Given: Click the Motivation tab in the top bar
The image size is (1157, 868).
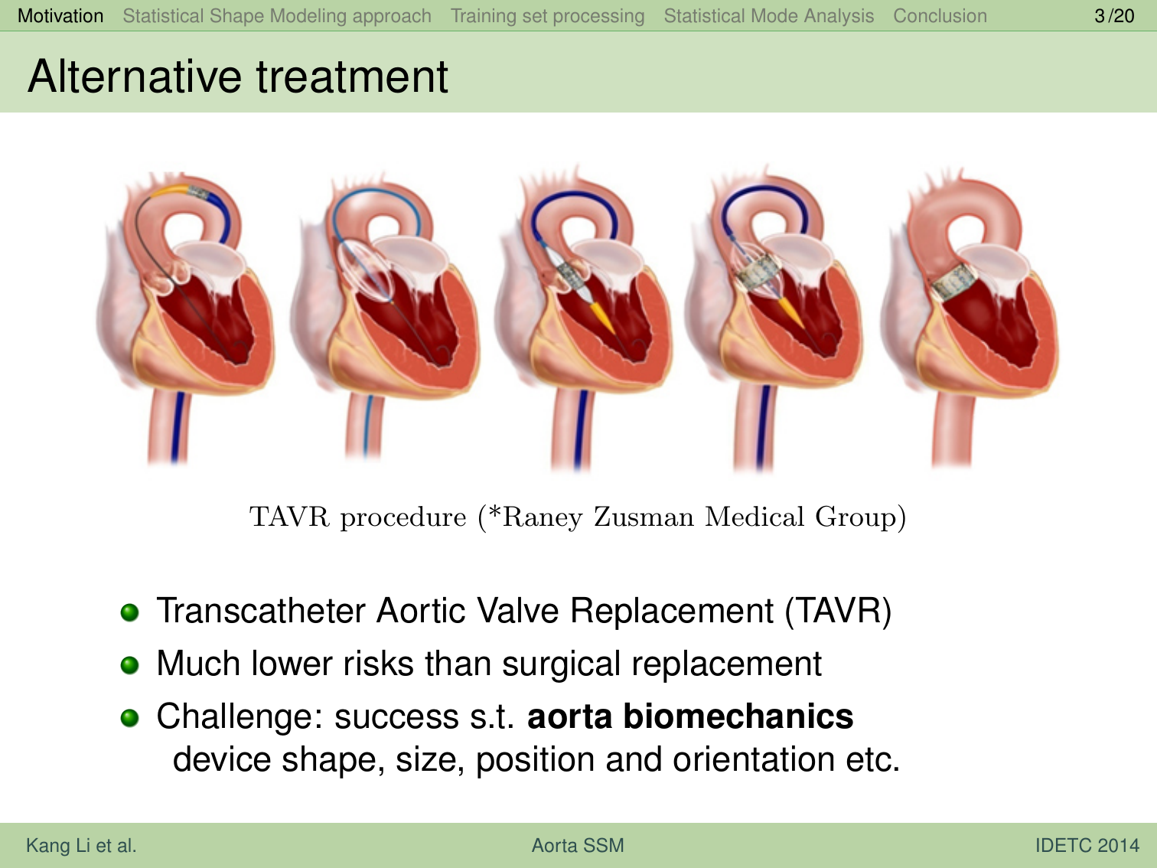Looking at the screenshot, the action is point(60,16).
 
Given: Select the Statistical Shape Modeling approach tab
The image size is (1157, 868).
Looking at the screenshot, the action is point(277,16).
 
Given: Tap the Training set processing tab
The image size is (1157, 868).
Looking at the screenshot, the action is point(547,16).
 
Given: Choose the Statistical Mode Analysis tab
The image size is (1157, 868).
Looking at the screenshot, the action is point(768,16).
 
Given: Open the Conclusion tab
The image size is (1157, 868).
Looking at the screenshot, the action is point(940,16).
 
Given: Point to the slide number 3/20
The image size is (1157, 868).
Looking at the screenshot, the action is point(1114,16).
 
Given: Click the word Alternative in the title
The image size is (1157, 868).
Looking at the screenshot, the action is point(135,77).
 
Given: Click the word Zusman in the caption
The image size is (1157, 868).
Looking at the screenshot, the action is point(643,517).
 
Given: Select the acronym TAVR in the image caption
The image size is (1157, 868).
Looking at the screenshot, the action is point(289,517).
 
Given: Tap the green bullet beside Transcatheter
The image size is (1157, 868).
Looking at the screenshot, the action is point(129,612).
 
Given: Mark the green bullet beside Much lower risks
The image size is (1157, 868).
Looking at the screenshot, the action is point(129,665).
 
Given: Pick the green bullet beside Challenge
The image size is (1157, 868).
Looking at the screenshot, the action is point(129,718).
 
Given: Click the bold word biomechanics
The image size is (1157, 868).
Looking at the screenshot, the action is point(738,716).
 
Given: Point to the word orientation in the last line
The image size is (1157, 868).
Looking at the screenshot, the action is point(754,759).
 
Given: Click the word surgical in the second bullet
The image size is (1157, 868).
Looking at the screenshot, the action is point(562,664).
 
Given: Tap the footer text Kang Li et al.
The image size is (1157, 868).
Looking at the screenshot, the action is point(81,845).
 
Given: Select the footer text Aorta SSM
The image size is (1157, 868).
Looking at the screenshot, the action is point(578,845).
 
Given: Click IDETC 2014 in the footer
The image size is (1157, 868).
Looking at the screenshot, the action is point(1087,845).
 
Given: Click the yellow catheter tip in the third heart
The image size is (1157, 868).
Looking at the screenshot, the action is point(602,318).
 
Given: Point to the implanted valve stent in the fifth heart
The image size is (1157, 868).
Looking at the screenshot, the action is point(953,283).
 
